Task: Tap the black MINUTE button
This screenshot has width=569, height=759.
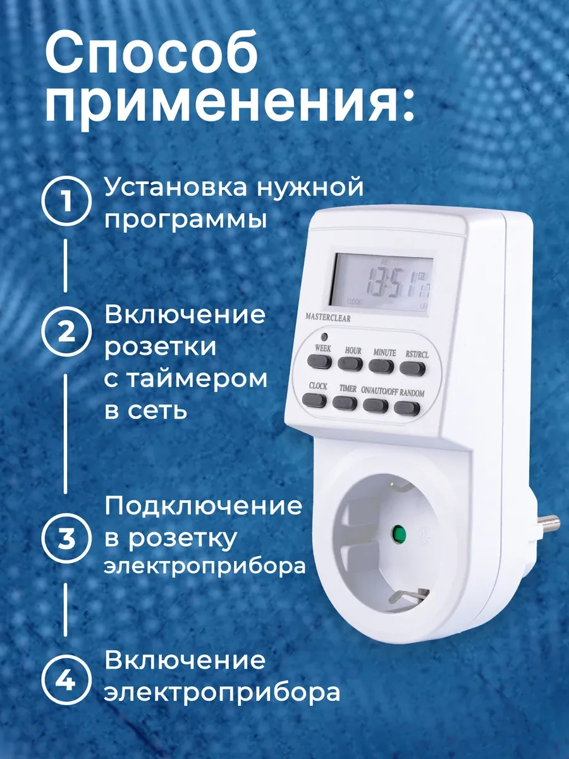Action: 381,364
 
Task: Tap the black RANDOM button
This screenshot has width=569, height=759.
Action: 407,407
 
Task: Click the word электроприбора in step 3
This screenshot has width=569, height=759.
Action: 205,565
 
